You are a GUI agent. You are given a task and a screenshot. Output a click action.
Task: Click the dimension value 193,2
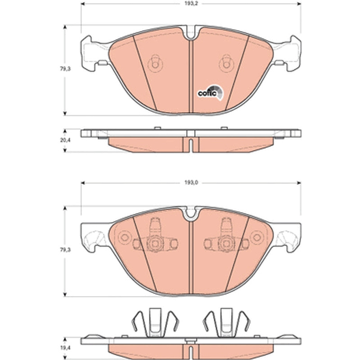click(x=191, y=4)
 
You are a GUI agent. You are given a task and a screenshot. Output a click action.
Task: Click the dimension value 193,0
click(x=191, y=183)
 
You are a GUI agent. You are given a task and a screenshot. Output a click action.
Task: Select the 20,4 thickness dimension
click(x=65, y=140)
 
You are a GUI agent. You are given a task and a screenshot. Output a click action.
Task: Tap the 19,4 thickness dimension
click(x=65, y=348)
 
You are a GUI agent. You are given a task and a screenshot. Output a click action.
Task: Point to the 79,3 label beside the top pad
click(x=65, y=69)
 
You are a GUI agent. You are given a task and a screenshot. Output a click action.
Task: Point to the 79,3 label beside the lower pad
click(x=65, y=250)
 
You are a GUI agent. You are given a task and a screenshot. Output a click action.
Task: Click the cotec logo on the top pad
click(x=210, y=93)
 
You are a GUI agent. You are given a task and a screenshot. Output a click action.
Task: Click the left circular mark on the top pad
click(x=155, y=63)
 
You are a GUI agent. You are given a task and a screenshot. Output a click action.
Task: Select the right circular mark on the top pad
click(x=226, y=63)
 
